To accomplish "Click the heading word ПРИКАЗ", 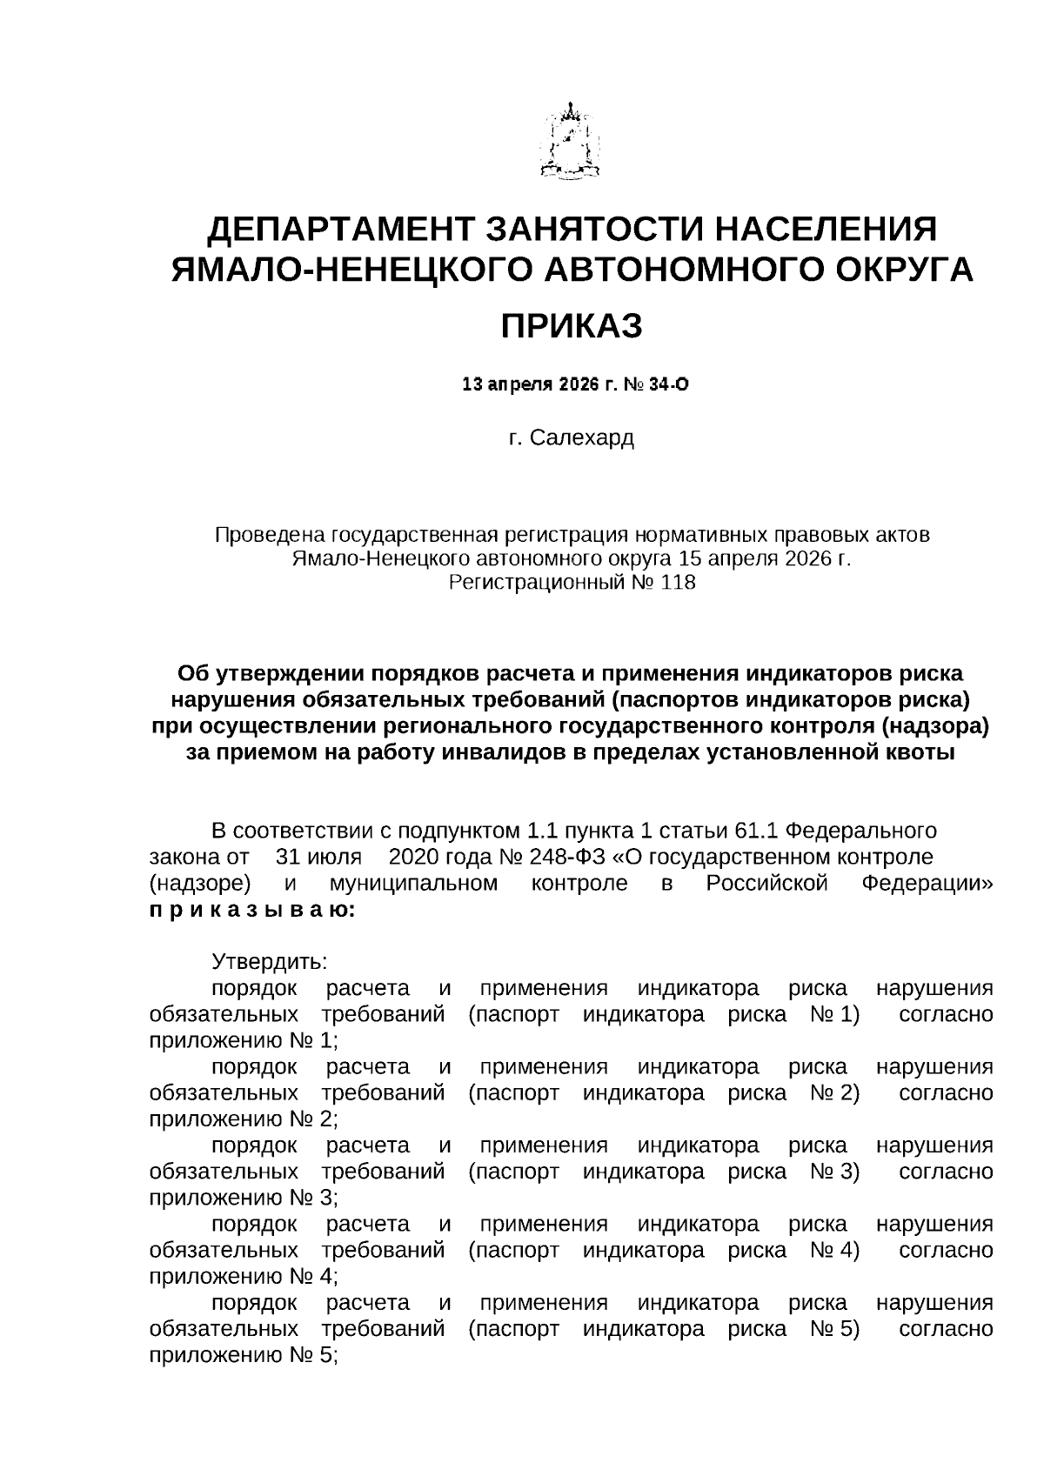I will [572, 326].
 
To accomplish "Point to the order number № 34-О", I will [659, 384].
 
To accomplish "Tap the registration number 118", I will [679, 583].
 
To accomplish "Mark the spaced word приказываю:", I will [251, 910].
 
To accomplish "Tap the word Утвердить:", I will [269, 962].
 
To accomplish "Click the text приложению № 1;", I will [243, 1040].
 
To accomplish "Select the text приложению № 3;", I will [243, 1198].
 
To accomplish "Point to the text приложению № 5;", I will [243, 1355].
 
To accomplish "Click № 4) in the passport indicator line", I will [834, 1250].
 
